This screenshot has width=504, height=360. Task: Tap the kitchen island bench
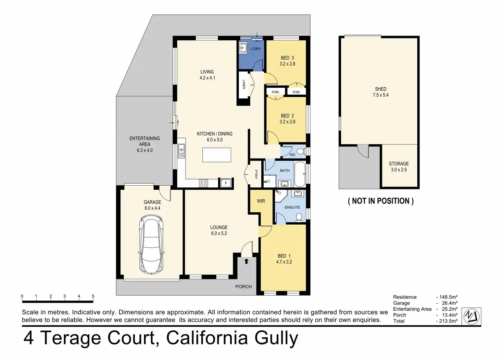tap(216, 154)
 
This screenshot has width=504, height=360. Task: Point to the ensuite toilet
tap(299, 216)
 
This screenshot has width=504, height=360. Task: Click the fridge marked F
tap(226, 183)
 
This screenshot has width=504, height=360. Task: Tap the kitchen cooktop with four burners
tap(203, 183)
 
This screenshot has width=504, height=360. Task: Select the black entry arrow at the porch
tap(246, 261)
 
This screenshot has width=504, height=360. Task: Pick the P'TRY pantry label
tap(256, 175)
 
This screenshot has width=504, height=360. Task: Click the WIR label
tap(261, 201)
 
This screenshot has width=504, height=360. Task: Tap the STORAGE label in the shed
tap(399, 164)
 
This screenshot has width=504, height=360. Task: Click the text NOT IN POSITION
tap(380, 201)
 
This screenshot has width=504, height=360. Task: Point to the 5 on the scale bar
tap(93, 296)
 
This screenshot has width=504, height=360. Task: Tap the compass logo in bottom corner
tap(471, 316)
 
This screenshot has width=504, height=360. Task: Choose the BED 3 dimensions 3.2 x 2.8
tap(287, 64)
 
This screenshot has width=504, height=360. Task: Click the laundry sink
tap(243, 48)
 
